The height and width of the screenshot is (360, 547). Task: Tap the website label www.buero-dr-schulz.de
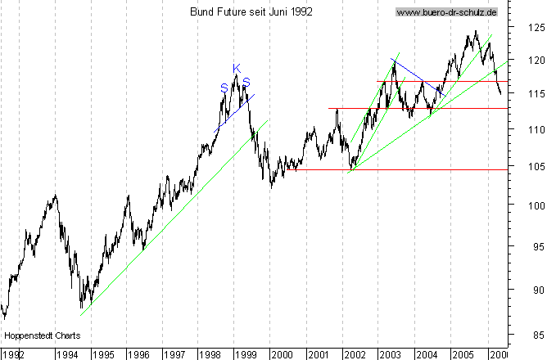coord(447,12)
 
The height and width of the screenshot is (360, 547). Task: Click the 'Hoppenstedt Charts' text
coord(37,335)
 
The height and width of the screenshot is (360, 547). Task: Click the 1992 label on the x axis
coord(14,354)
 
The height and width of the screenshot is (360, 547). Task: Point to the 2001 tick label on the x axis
coord(318,354)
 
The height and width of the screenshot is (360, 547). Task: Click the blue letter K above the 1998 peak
coord(236,68)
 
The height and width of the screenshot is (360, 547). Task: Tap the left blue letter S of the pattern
coord(224,88)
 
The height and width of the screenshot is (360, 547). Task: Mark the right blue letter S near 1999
coord(246,81)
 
